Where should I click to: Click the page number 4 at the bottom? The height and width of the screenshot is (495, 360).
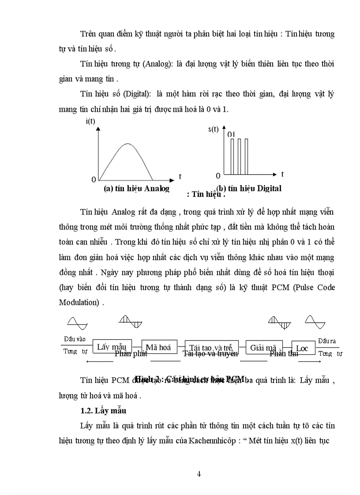[x=199, y=474]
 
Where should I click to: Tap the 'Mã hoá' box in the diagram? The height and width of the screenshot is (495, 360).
[x=158, y=347]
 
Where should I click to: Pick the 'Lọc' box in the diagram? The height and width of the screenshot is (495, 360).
[x=302, y=348]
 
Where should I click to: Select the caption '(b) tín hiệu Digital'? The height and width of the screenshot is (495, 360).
[x=249, y=188]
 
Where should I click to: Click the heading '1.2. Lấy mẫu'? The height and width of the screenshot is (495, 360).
[x=103, y=411]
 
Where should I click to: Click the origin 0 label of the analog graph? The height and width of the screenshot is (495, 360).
[x=94, y=179]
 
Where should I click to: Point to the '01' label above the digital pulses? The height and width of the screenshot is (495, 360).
[x=231, y=134]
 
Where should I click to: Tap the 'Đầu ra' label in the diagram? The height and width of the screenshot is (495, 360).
[x=326, y=340]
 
